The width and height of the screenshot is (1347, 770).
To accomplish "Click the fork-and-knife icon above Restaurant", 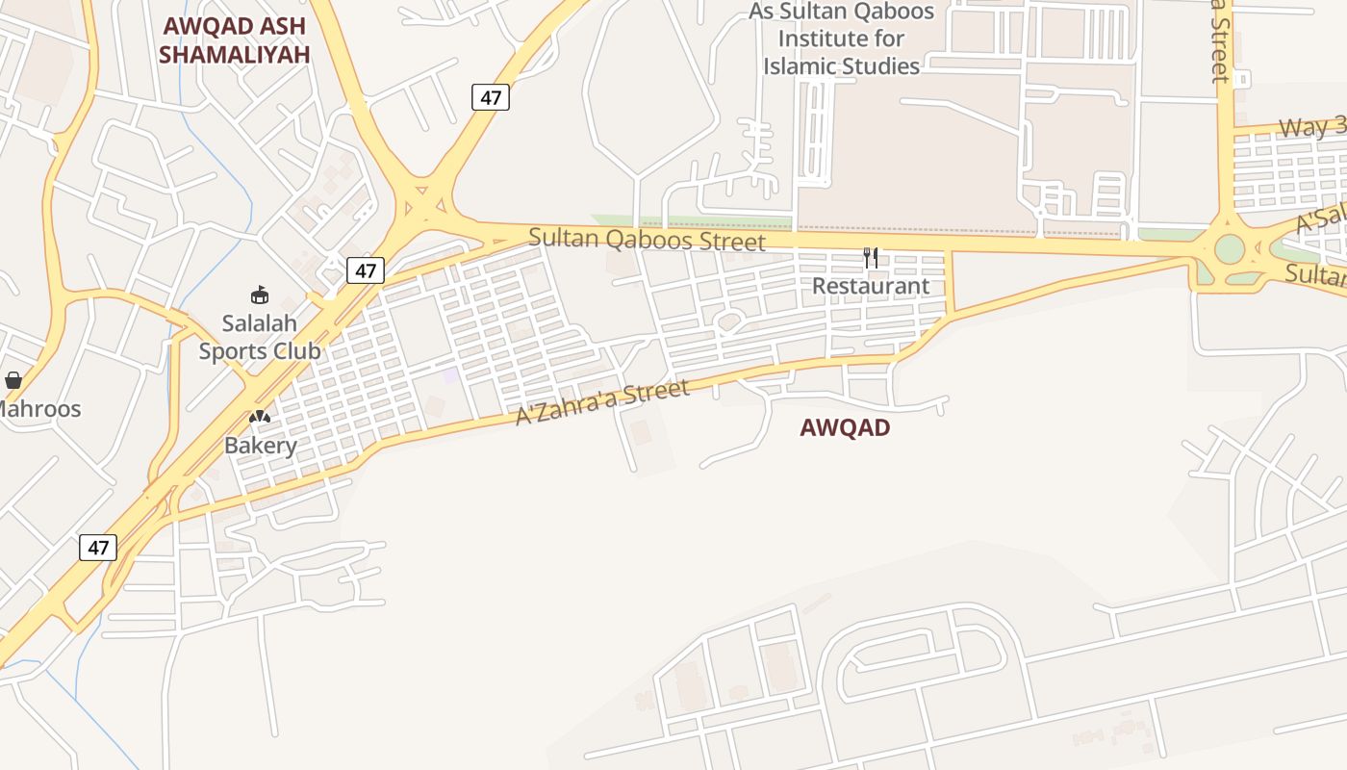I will tap(871, 257).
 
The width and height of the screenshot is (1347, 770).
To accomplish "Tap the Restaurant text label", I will tap(871, 286).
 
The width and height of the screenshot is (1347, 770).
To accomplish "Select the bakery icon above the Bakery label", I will tap(260, 417).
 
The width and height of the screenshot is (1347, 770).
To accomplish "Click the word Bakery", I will tap(260, 446).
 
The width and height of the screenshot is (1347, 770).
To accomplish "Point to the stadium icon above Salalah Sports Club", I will tap(259, 295).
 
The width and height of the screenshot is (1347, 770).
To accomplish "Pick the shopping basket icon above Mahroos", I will tap(13, 380).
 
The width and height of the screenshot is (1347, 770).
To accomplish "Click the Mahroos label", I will tap(38, 409).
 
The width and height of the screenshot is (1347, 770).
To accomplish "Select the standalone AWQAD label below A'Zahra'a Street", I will tap(845, 427).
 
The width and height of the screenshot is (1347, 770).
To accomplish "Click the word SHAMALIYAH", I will tap(234, 55).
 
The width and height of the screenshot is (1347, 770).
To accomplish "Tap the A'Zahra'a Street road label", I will tap(603, 402).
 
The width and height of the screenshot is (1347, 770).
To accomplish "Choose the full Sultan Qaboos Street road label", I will tap(647, 240).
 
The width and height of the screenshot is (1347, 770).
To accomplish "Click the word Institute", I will tap(841, 39).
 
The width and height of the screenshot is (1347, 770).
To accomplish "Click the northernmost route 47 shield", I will tap(490, 97).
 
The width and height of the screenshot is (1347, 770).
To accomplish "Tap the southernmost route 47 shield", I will tap(98, 548).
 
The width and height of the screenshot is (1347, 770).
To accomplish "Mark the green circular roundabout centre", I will tap(1230, 248).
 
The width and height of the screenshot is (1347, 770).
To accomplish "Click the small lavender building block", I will tap(450, 374).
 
